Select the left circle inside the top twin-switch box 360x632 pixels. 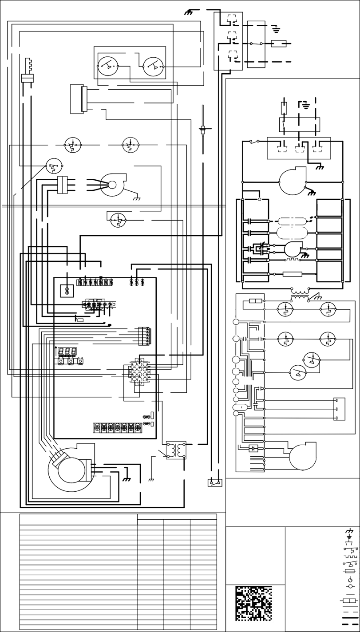107,67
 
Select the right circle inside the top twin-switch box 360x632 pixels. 153,67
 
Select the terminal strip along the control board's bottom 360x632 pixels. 117,428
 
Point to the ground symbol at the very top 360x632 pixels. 188,12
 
